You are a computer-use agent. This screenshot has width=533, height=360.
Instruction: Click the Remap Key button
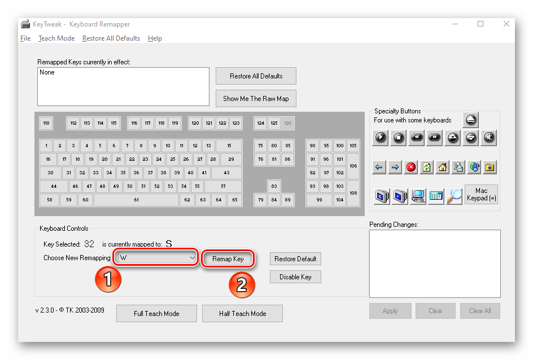click(228, 259)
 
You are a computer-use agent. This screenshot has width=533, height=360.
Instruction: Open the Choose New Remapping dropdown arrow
click(193, 258)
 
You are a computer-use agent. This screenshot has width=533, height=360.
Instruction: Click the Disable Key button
click(295, 277)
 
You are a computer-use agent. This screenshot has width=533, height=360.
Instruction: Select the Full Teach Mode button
click(156, 314)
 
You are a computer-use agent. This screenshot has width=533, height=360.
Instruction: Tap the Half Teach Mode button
click(242, 314)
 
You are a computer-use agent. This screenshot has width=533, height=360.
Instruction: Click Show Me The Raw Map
click(256, 99)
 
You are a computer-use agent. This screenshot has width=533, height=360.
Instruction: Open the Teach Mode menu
click(56, 38)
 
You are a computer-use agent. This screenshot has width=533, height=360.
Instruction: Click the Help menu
click(155, 38)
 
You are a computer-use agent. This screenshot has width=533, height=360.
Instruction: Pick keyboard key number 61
click(136, 200)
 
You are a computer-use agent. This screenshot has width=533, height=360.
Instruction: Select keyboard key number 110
click(46, 123)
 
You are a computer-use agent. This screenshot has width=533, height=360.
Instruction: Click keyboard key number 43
click(227, 173)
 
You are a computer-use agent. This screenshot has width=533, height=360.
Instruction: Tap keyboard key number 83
click(274, 186)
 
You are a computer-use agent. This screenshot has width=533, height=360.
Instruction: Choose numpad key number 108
click(353, 193)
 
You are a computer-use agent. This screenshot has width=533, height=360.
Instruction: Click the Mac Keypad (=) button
click(481, 194)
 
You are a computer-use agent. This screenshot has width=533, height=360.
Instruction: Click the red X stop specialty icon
click(411, 167)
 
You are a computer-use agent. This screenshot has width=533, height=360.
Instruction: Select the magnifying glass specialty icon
click(454, 196)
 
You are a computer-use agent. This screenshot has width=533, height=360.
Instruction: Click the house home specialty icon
click(443, 167)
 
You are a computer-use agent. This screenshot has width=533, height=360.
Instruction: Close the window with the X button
click(506, 24)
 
